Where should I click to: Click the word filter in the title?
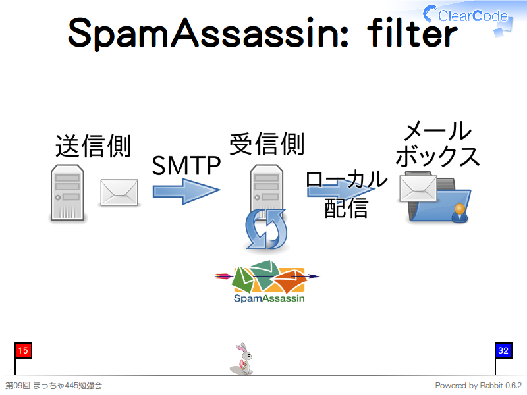(412, 32)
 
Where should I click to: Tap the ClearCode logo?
(468, 17)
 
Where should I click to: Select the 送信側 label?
(93, 145)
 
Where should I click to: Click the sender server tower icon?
(67, 192)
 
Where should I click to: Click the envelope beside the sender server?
(119, 192)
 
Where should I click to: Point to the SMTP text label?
(186, 166)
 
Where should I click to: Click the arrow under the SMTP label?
(186, 191)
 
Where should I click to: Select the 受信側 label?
(267, 144)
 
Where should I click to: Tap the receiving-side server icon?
(267, 188)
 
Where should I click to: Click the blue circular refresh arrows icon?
(267, 228)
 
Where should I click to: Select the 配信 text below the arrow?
(347, 208)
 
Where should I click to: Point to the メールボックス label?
(437, 144)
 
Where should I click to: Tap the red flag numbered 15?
(23, 351)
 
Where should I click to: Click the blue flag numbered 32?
(503, 351)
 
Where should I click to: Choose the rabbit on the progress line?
(242, 359)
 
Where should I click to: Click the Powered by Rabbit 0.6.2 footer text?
(478, 386)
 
